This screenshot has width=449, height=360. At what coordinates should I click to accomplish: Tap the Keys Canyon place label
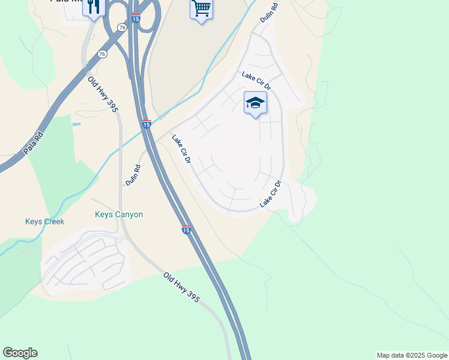point(119,214)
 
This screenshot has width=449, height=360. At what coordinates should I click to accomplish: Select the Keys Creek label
point(44,221)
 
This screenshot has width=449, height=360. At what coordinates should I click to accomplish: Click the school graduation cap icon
point(255,103)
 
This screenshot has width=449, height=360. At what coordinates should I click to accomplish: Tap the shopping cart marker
point(201,8)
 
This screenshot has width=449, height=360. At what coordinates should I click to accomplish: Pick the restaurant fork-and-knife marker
point(93,7)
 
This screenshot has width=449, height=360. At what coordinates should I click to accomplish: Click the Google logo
point(20,353)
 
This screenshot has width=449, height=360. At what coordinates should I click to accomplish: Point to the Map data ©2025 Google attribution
point(412,355)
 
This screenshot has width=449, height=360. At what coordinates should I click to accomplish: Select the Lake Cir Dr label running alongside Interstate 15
point(181,150)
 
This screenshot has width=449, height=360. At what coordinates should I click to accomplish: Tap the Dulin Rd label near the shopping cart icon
point(268,12)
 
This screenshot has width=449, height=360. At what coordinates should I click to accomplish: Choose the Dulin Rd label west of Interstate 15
point(133,175)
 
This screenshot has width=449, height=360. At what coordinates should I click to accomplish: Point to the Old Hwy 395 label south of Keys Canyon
point(182,287)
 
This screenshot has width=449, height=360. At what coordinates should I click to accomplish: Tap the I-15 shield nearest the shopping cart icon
point(136,18)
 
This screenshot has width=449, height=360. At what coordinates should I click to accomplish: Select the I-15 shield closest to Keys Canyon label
point(186,230)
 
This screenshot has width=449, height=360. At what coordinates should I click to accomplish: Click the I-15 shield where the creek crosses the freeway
point(146,124)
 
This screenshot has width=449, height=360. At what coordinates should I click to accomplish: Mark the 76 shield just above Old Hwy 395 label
point(102,54)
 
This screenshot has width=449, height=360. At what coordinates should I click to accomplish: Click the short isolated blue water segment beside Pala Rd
point(76,124)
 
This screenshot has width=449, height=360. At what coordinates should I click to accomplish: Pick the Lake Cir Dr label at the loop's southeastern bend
point(271,194)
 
